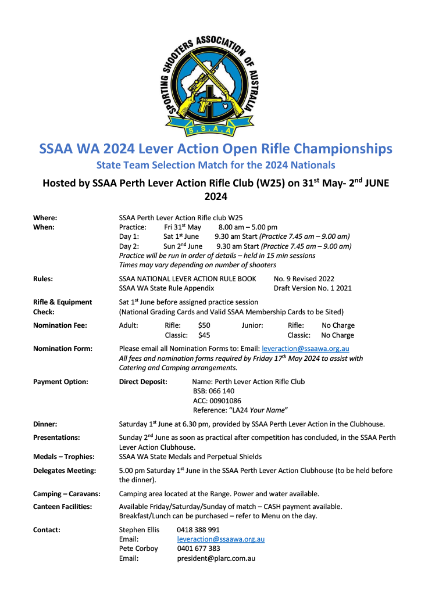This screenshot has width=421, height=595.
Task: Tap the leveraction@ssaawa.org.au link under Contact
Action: [220, 539]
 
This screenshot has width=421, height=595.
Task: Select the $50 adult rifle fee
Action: [204, 325]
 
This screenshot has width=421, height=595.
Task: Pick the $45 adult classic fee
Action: [204, 335]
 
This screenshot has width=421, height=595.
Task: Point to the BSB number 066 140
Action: [213, 391]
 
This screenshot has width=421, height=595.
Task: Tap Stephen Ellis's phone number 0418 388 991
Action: [198, 530]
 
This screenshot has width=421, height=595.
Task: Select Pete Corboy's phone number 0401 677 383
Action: [198, 549]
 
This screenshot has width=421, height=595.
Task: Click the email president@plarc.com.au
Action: [216, 558]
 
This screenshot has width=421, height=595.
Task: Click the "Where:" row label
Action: [45, 217]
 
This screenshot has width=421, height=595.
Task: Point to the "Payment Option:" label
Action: [60, 382]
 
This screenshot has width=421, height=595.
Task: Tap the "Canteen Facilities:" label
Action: [63, 507]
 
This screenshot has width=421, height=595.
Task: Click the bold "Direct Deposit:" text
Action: [143, 382]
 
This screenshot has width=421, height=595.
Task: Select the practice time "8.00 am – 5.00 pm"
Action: [248, 227]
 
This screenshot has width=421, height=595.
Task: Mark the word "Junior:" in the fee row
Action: [252, 325]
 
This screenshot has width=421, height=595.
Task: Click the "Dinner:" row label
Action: [45, 424]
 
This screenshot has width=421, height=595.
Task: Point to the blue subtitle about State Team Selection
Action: [215, 165]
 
